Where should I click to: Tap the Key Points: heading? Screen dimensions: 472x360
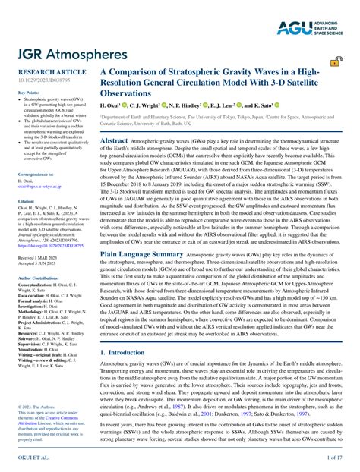pos(24,93)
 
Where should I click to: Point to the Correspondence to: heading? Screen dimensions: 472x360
pos(30,174)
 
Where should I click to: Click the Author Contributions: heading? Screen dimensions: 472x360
pos(33,278)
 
